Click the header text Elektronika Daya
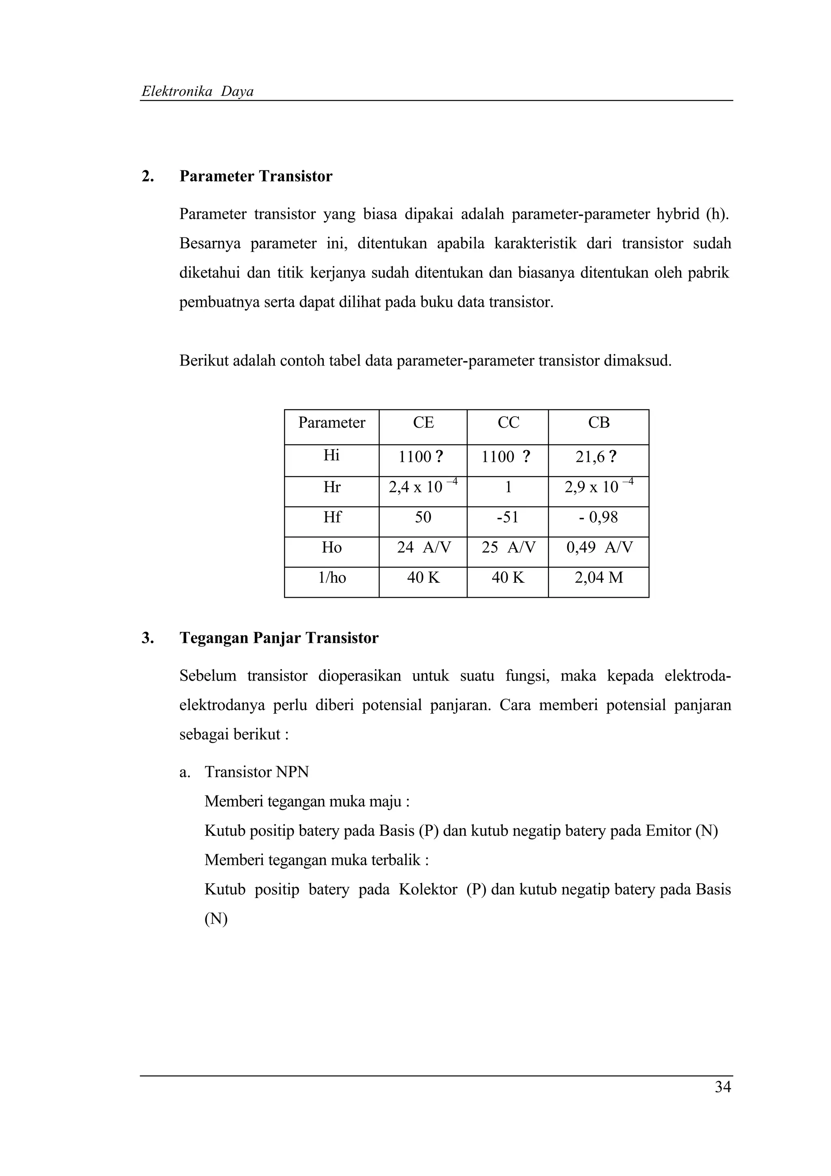click(x=198, y=92)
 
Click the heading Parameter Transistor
click(x=256, y=176)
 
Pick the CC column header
click(x=508, y=422)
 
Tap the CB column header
click(x=598, y=422)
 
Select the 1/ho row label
click(x=332, y=578)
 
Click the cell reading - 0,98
click(x=598, y=517)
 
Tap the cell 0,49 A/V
click(x=599, y=547)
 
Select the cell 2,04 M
click(x=598, y=578)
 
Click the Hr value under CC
click(x=508, y=487)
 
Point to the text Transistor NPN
click(x=256, y=772)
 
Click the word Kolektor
click(x=428, y=889)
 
